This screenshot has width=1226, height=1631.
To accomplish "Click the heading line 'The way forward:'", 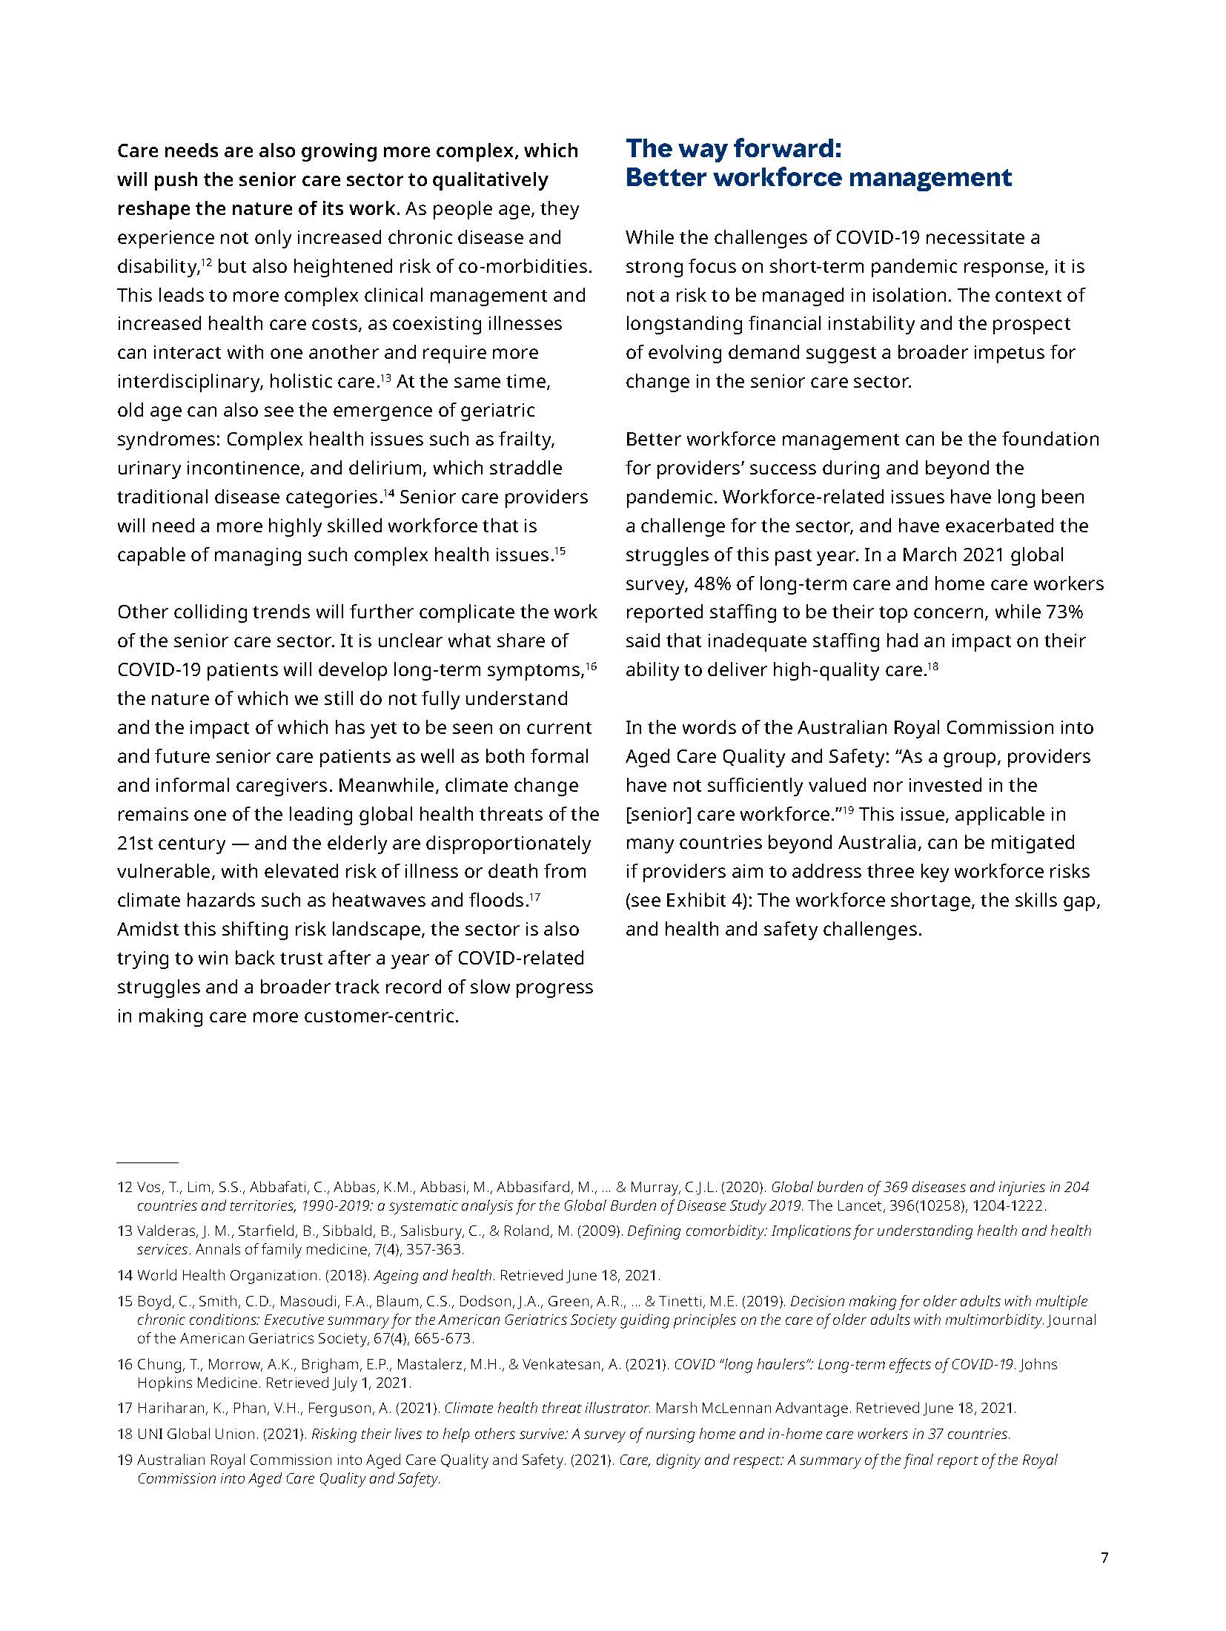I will click(733, 148).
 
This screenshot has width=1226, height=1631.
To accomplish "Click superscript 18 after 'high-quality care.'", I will click(933, 665).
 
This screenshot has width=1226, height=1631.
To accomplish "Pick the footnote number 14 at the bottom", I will click(125, 1275).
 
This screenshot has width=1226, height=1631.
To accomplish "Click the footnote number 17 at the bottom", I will click(125, 1408).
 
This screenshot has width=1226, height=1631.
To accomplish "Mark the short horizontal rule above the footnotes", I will click(148, 1162).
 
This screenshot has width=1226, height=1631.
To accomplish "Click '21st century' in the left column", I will click(171, 843).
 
